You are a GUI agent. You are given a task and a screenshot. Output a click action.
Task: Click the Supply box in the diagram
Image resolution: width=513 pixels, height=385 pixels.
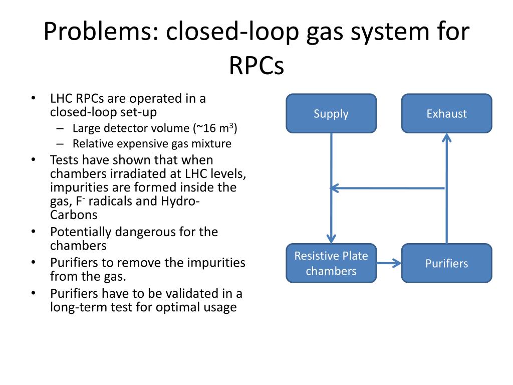pyautogui.click(x=331, y=114)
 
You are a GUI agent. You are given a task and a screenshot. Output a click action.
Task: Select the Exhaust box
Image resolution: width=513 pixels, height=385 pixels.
pyautogui.click(x=446, y=114)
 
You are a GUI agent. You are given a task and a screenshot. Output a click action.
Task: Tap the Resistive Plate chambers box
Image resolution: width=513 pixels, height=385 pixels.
pyautogui.click(x=331, y=263)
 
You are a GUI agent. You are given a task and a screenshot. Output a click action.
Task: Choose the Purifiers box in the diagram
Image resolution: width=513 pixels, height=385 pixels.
pyautogui.click(x=446, y=263)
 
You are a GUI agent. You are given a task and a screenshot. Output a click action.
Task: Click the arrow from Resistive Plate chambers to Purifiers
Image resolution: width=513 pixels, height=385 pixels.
pyautogui.click(x=389, y=263)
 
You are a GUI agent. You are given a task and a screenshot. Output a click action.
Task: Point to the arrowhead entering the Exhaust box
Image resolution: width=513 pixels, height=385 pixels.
pyautogui.click(x=446, y=137)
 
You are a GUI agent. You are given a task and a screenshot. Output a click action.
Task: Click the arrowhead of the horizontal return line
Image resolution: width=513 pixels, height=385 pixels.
pyautogui.click(x=334, y=188)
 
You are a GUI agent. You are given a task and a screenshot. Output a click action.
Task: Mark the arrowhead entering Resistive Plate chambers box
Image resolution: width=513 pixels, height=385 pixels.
pyautogui.click(x=331, y=239)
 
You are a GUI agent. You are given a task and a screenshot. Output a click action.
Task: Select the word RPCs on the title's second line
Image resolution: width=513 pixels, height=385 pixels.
pyautogui.click(x=256, y=65)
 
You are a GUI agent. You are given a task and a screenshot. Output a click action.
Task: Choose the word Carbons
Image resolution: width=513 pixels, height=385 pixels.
pyautogui.click(x=74, y=215)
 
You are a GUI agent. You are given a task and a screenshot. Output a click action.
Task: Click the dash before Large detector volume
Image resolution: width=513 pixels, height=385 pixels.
pyautogui.click(x=60, y=129)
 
